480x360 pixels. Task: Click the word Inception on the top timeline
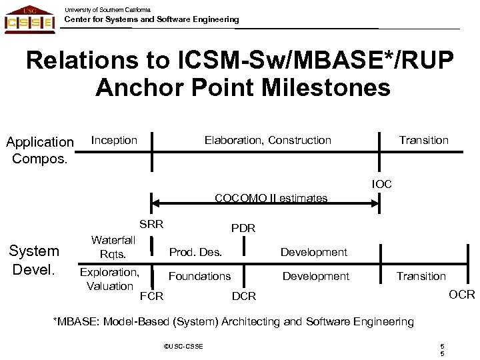(114, 140)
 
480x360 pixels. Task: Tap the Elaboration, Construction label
(267, 140)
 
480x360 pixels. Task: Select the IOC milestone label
(382, 183)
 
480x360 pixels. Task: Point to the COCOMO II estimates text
(271, 198)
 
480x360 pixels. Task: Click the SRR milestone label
(151, 223)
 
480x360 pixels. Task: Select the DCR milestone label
(243, 295)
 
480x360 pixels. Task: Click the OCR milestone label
(462, 294)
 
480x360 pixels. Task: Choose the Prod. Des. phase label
(195, 252)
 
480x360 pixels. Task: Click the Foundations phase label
(199, 275)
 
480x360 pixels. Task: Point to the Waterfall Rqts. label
(113, 247)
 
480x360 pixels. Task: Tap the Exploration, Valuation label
(109, 279)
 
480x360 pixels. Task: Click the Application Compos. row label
(39, 150)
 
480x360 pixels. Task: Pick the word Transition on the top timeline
(423, 140)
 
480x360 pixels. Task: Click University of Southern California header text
(107, 9)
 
